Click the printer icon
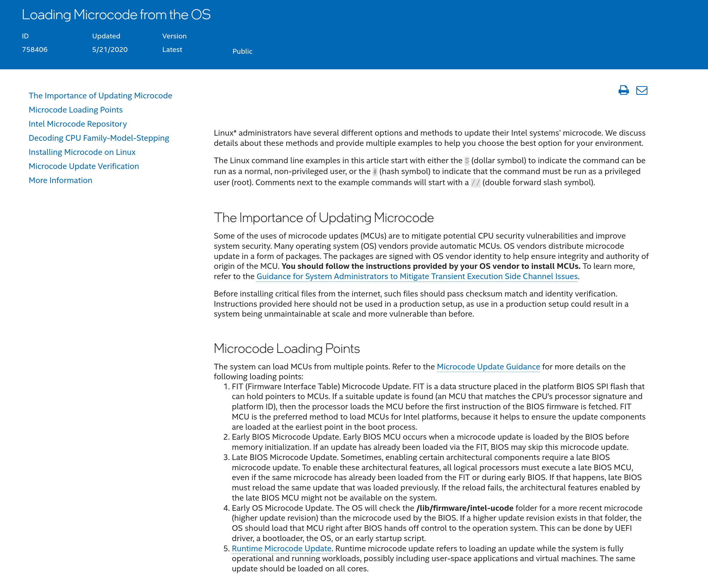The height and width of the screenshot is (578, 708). point(623,90)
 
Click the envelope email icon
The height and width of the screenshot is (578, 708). point(641,90)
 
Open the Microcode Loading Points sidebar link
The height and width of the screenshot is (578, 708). point(76,110)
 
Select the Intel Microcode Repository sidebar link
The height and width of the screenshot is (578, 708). point(78,124)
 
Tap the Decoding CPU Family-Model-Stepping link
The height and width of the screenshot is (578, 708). point(99,138)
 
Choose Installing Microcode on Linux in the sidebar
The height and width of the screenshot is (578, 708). point(82,152)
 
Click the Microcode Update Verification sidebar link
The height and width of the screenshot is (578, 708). point(83,166)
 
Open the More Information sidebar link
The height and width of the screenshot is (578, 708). point(60,180)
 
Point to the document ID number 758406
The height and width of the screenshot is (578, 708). point(34,50)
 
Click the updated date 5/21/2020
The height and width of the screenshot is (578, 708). point(110,50)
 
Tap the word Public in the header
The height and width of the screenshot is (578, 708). point(242,51)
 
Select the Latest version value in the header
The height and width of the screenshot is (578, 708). point(172,50)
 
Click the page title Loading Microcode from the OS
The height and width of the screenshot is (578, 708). point(116,15)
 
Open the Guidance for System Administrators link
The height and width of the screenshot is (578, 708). point(417,276)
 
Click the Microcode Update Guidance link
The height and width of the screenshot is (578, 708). point(488,367)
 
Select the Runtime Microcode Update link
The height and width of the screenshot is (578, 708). point(281,548)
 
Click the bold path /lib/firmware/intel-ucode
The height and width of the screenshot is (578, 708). point(465,508)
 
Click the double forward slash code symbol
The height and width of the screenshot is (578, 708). point(475,183)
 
